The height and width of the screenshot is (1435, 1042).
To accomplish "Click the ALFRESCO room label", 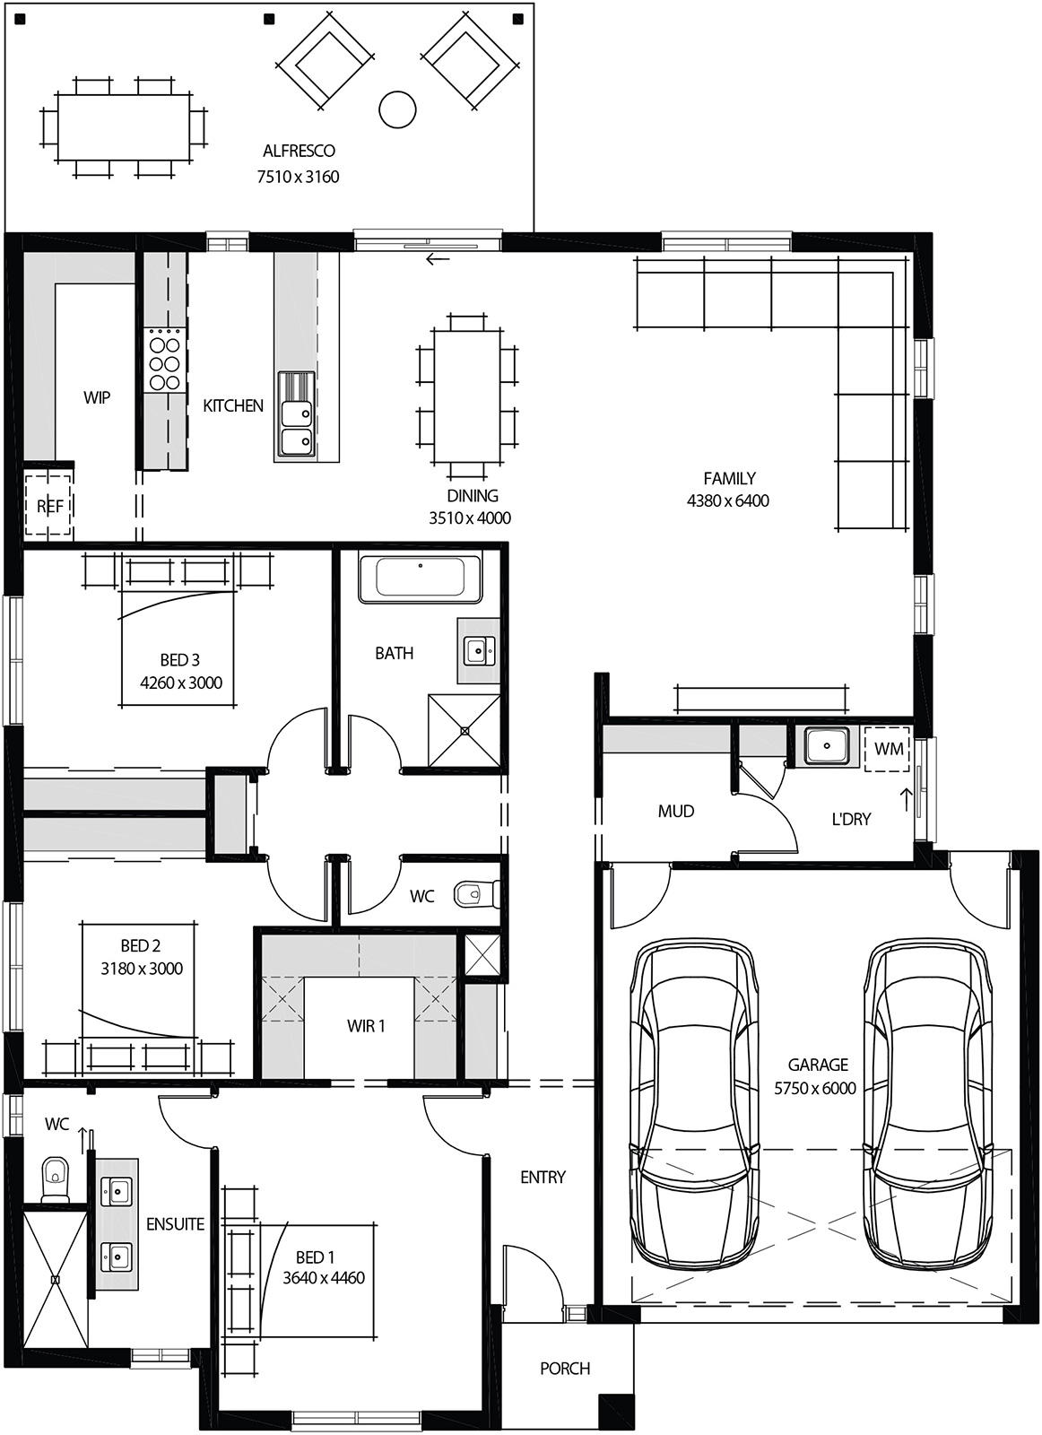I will [x=299, y=151].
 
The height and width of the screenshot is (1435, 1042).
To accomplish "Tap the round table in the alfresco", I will [x=398, y=109].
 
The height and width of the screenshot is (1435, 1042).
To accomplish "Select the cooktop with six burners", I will [x=164, y=361].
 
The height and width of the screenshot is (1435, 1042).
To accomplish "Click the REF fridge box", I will [x=49, y=507].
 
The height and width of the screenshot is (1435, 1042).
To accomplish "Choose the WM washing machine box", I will [x=888, y=748].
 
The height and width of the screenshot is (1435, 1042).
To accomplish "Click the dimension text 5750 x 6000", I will [x=815, y=1089].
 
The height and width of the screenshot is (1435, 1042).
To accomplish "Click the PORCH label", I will [x=565, y=1369].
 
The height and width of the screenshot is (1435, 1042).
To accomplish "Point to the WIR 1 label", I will [x=366, y=1025].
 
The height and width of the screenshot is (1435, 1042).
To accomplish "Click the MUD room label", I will [x=675, y=811].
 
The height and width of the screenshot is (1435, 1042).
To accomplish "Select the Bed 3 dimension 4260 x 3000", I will [x=181, y=683].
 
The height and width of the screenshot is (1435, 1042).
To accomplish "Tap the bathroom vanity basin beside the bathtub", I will [x=475, y=649].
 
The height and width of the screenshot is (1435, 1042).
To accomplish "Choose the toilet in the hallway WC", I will [x=473, y=894].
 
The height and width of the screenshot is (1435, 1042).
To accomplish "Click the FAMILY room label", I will [x=729, y=478].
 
